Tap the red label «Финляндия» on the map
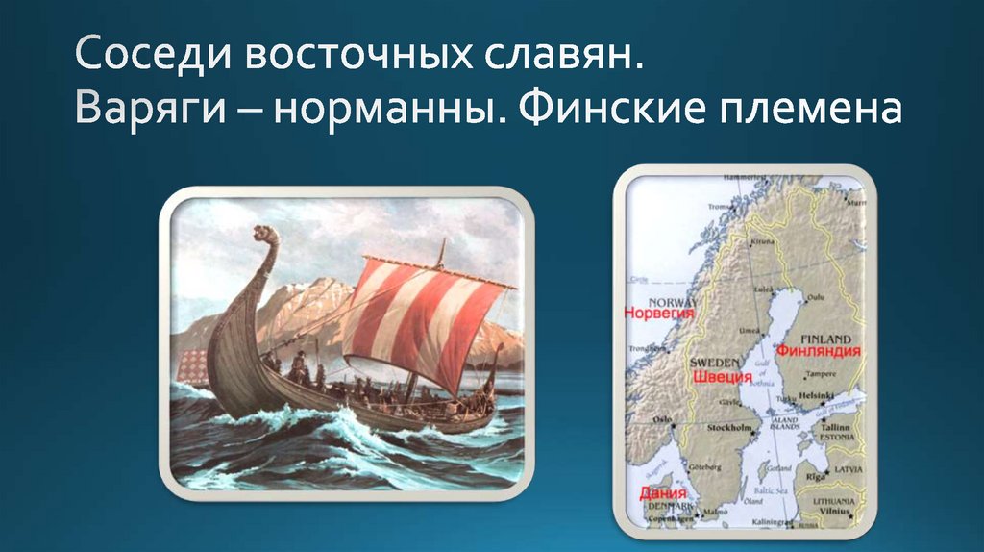818,351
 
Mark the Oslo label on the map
661,419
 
